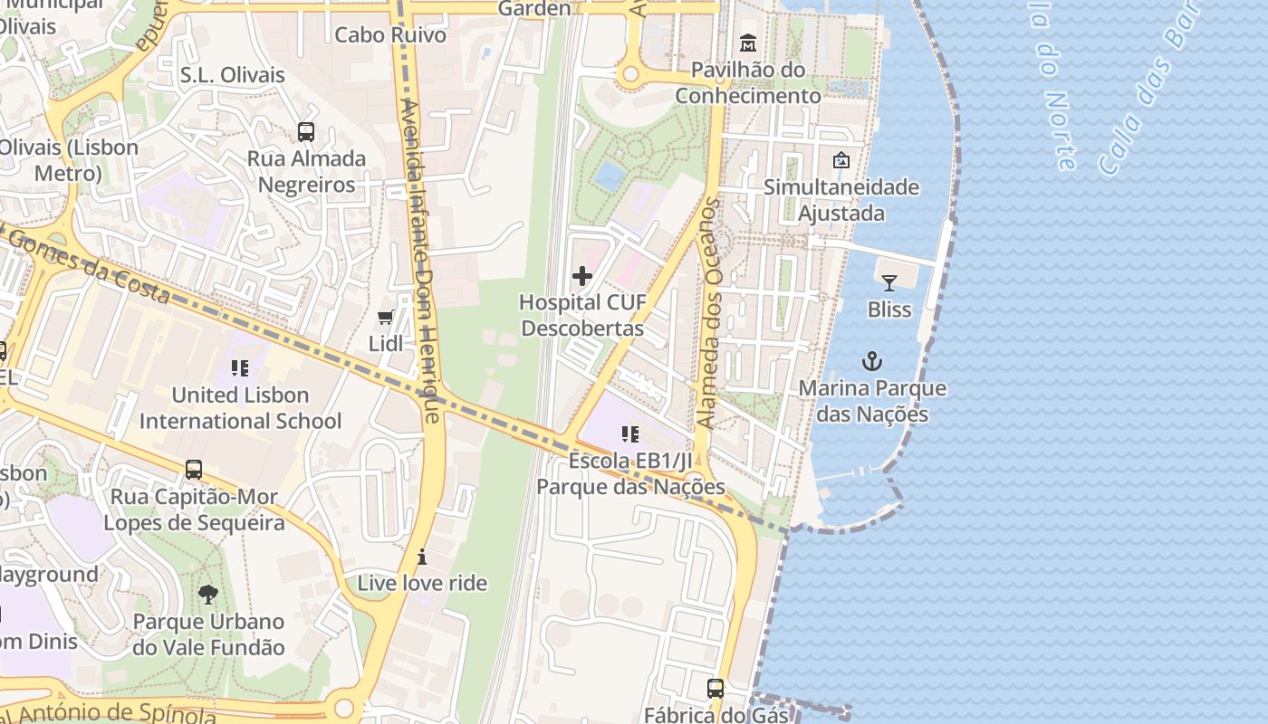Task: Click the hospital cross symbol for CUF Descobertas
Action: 582,276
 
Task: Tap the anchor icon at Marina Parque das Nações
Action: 871,362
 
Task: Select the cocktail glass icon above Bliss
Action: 889,283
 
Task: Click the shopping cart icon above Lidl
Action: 386,318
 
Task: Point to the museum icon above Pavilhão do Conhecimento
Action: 748,43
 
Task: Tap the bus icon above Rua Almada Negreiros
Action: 306,132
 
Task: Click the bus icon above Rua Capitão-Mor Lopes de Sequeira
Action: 194,470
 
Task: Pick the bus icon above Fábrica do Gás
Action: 716,689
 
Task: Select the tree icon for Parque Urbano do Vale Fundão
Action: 208,595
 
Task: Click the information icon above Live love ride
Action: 421,557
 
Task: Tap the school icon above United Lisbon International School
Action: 240,368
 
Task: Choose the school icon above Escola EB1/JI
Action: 631,434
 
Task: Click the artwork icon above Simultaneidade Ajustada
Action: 841,160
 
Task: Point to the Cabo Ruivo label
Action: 390,35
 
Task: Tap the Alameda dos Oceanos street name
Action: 709,313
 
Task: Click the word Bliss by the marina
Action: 889,310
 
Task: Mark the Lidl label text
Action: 386,344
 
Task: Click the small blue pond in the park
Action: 610,176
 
